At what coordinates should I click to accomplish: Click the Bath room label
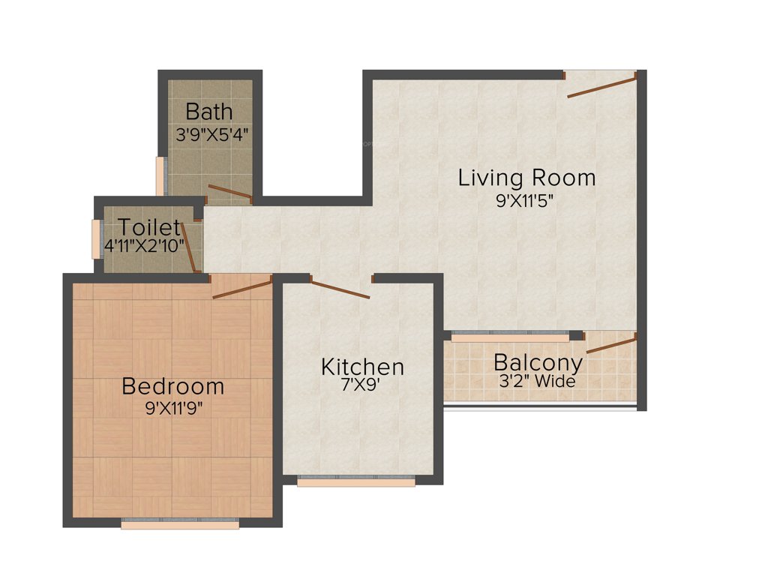209,112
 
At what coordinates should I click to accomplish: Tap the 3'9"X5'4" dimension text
212,135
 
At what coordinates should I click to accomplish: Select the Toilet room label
149,226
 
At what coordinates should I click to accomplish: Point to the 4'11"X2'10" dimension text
144,245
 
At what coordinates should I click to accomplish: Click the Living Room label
526,178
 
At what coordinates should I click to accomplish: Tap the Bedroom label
172,386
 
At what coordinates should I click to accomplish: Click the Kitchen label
362,367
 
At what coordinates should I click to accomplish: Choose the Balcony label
538,362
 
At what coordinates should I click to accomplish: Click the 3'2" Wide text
537,381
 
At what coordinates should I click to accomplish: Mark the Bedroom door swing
241,287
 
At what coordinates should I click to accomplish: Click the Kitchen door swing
340,289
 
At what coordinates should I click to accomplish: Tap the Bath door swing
229,193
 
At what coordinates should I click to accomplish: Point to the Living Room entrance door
602,85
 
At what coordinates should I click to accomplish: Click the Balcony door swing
611,345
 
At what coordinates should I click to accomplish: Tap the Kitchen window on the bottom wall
356,481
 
